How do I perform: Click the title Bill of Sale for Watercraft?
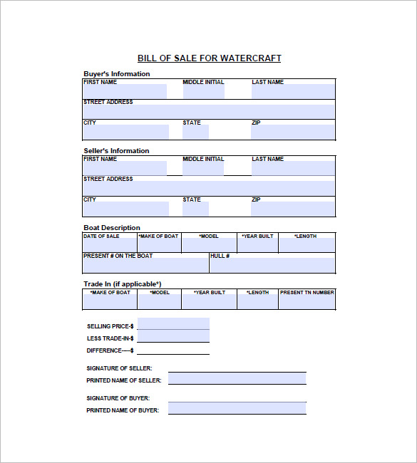(x=209, y=58)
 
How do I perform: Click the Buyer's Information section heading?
(x=117, y=74)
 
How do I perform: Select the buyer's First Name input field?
(x=125, y=92)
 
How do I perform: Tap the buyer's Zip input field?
(x=292, y=132)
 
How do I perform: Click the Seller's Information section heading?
(x=116, y=151)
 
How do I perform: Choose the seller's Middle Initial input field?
(x=202, y=169)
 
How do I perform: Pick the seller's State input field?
(x=195, y=209)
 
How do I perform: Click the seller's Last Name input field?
(x=292, y=169)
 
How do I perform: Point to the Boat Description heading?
(x=112, y=228)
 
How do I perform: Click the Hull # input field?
(x=272, y=266)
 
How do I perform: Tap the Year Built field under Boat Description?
(x=257, y=246)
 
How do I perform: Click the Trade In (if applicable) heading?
(x=122, y=284)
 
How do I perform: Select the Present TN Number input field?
(x=307, y=302)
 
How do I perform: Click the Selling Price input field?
(x=173, y=324)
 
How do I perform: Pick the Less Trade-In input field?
(x=173, y=336)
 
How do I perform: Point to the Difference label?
(x=110, y=350)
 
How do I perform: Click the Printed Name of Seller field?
(x=237, y=379)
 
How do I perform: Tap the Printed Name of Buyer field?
(x=237, y=409)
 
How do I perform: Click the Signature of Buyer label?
(x=118, y=398)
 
